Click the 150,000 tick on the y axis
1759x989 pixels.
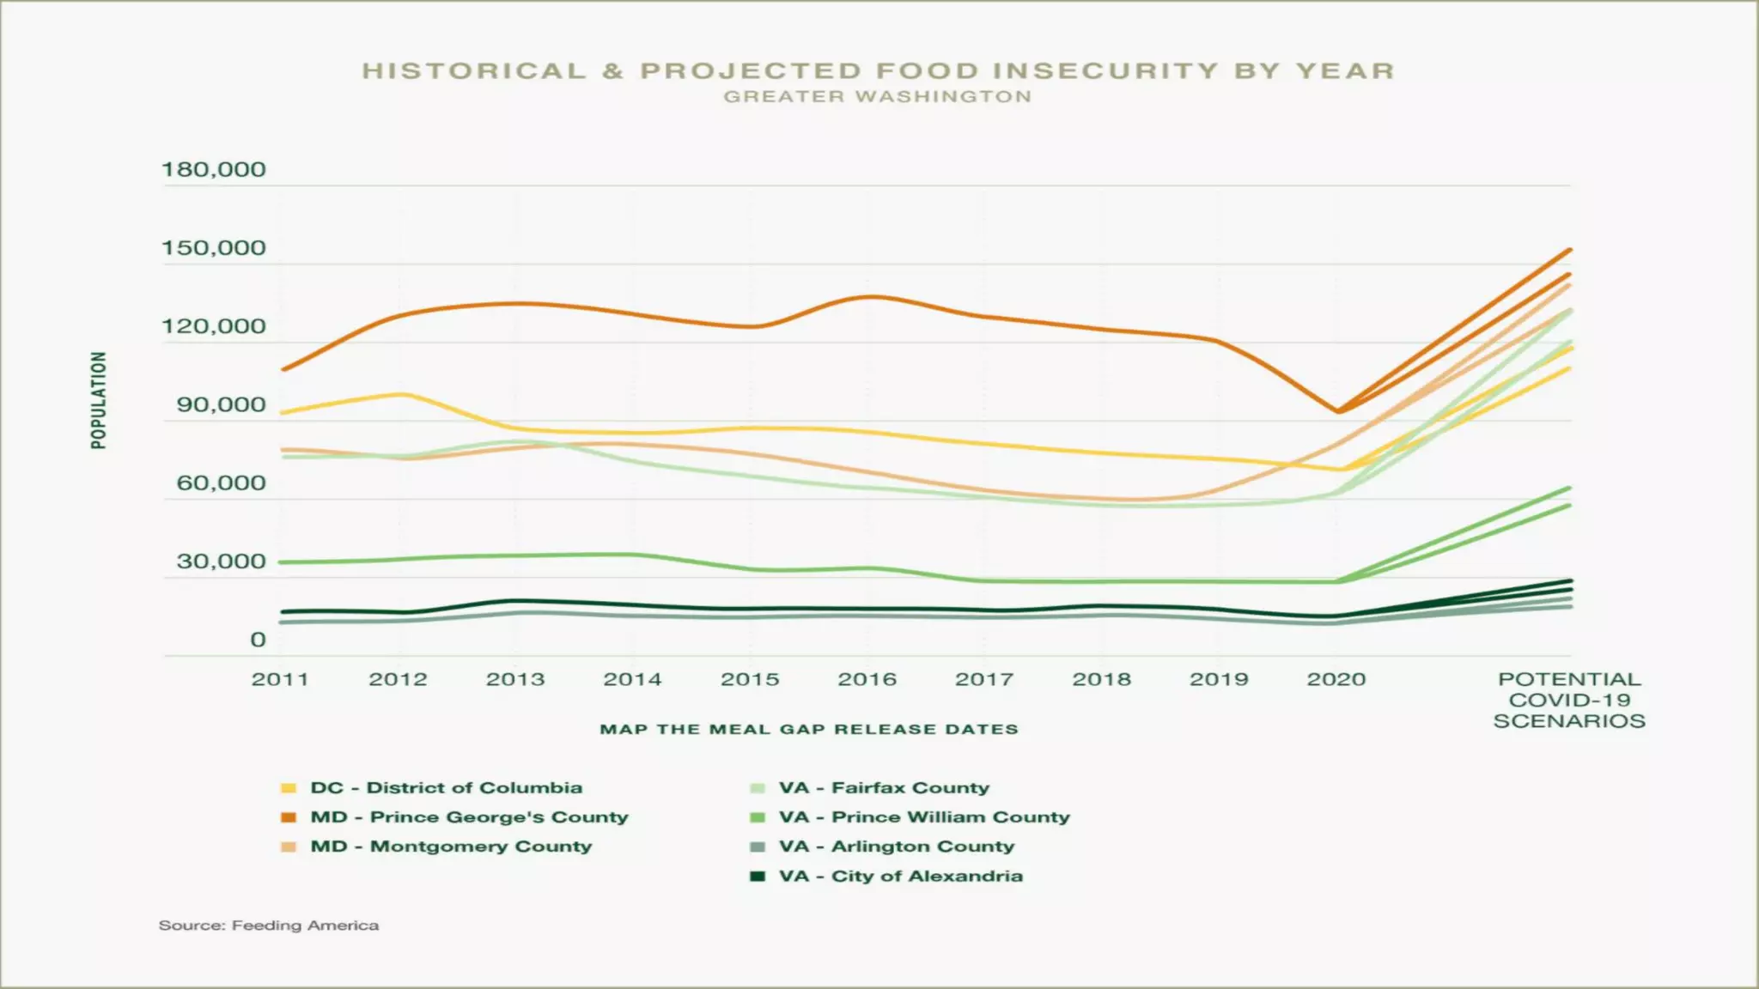click(x=214, y=248)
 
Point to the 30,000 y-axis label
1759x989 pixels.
click(x=222, y=561)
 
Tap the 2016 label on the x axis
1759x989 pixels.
click(x=867, y=679)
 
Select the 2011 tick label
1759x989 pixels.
click(x=280, y=679)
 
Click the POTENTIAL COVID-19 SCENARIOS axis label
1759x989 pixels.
click(x=1569, y=700)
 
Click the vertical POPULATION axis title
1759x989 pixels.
click(x=100, y=400)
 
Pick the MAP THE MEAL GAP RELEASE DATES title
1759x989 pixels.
click(x=809, y=729)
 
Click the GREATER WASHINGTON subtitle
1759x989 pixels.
click(x=878, y=97)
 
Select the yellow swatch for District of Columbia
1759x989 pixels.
click(x=289, y=788)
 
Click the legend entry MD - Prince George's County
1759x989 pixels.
click(x=469, y=817)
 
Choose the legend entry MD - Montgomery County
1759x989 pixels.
click(x=451, y=846)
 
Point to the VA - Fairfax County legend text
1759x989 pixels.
click(x=884, y=788)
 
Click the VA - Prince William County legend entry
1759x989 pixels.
click(x=924, y=817)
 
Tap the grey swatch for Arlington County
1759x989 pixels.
click(x=758, y=847)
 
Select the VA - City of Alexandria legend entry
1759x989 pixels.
click(x=901, y=877)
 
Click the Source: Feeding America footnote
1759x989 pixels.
click(x=269, y=925)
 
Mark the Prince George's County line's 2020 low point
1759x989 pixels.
click(x=1337, y=411)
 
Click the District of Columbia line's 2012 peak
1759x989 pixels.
click(x=400, y=394)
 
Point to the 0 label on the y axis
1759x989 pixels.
click(x=258, y=640)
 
